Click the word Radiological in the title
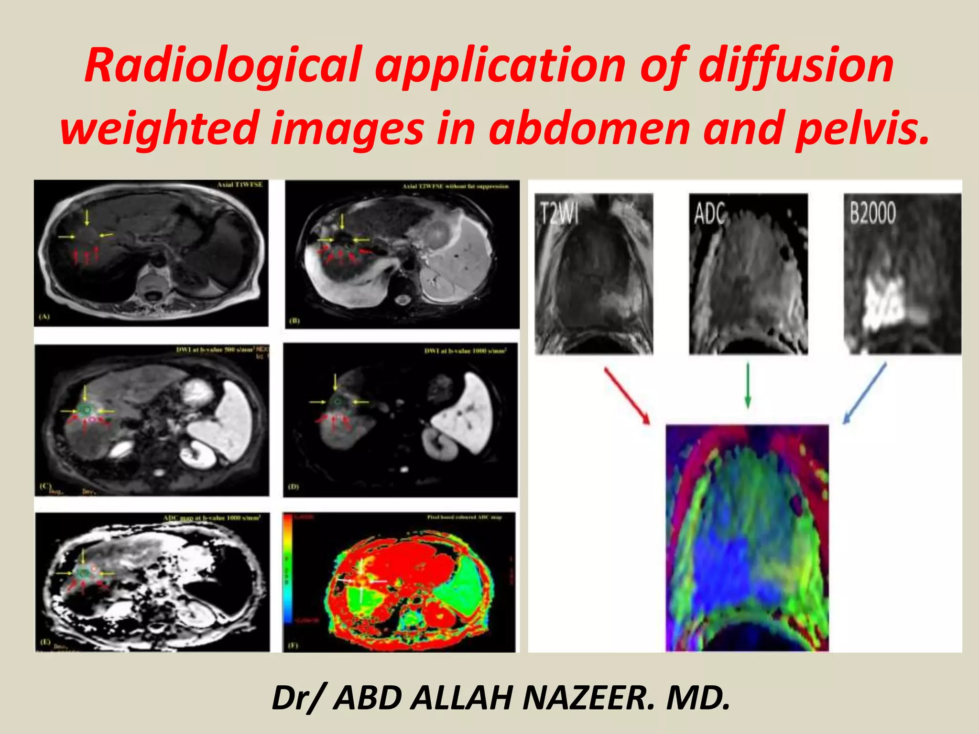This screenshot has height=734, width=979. [222, 65]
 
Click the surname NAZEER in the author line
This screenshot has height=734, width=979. [588, 698]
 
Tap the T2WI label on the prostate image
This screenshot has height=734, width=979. [560, 213]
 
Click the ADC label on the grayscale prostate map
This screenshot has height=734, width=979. [710, 213]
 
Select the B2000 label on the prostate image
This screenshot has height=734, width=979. [872, 213]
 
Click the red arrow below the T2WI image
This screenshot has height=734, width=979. [627, 395]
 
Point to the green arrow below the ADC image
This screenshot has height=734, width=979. [748, 385]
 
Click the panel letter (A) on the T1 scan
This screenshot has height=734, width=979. [44, 316]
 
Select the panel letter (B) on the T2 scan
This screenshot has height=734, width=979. [295, 320]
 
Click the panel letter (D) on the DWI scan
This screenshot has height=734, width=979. [293, 486]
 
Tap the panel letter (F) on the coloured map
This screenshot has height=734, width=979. [292, 645]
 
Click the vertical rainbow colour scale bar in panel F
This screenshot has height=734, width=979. [288, 569]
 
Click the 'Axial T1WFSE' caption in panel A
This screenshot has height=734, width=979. [240, 185]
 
